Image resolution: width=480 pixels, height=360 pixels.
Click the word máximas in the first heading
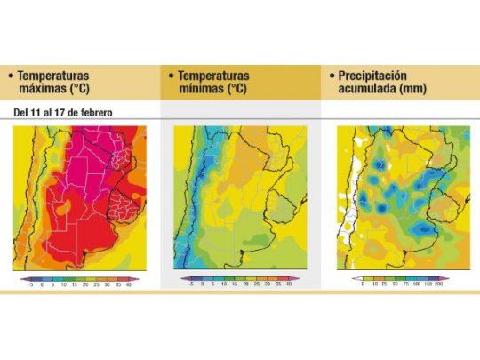click(41, 90)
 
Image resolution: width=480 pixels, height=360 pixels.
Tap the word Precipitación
click(379, 76)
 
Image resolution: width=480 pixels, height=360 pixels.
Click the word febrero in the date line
click(92, 112)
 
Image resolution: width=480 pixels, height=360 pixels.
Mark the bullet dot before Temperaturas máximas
click(10, 77)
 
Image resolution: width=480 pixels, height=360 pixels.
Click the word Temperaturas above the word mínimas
click(214, 76)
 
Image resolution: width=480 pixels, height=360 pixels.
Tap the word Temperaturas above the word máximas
click(54, 76)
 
